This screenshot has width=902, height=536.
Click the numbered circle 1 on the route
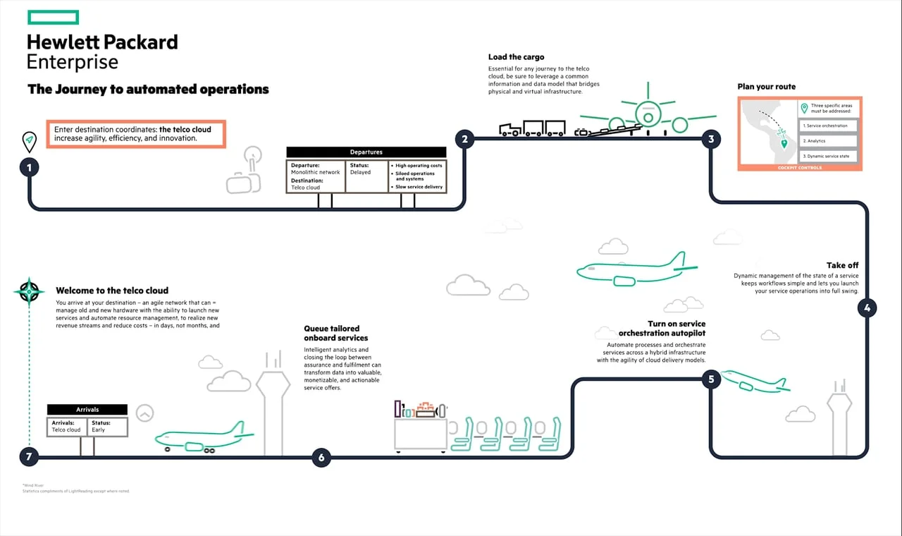[29, 168]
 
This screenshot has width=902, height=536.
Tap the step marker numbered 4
[867, 307]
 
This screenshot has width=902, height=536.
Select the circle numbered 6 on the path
[321, 458]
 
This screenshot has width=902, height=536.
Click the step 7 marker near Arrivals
[29, 457]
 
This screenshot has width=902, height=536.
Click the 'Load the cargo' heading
[516, 57]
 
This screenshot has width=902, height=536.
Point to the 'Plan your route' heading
[766, 87]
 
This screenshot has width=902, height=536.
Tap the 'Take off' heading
[842, 265]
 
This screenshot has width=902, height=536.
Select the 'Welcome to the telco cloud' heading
[112, 291]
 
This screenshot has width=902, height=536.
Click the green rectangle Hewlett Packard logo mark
[54, 18]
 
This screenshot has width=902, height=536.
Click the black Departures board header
[366, 152]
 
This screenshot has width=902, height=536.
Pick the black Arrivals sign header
[87, 410]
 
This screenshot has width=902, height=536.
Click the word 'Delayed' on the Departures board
[360, 173]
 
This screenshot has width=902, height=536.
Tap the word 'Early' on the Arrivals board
[98, 430]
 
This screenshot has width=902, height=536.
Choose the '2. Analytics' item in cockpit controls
[828, 141]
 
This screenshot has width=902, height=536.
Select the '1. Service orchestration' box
[828, 126]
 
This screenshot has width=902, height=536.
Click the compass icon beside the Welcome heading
[29, 291]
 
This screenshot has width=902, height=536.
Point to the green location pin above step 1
[29, 142]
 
